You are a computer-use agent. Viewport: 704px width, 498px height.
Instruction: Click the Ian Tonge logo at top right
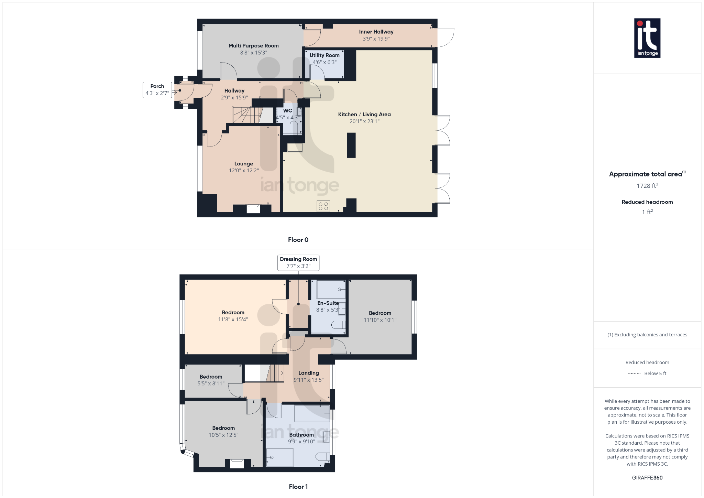[x=647, y=38]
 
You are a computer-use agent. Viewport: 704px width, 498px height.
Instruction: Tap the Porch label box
[x=157, y=90]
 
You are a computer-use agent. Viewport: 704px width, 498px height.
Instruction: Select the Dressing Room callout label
[x=298, y=262]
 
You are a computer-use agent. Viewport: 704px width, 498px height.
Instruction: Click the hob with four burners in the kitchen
[x=323, y=206]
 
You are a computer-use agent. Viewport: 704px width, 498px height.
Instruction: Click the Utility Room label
[x=324, y=55]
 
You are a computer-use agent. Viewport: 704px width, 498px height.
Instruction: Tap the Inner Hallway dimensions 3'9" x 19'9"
[x=376, y=39]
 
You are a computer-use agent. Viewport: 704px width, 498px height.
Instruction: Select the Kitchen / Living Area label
[x=364, y=115]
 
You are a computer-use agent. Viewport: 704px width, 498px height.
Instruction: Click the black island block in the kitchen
[x=351, y=145]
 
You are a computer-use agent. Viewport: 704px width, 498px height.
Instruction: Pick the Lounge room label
[x=243, y=164]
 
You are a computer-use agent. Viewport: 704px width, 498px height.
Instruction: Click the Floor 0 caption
[x=298, y=240]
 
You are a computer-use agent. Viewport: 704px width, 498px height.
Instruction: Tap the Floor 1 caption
[x=298, y=487]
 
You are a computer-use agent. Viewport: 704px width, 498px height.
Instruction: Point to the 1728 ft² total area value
[x=647, y=186]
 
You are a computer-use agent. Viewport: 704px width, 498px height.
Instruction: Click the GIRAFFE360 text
[x=647, y=478]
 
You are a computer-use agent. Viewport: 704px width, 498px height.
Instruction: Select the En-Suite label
[x=328, y=303]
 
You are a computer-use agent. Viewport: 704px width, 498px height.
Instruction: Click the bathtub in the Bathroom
[x=312, y=413]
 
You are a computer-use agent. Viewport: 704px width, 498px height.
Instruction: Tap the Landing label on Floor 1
[x=308, y=373]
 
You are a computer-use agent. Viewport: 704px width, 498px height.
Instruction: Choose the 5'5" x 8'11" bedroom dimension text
[x=211, y=383]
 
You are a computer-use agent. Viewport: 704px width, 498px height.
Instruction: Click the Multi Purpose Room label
[x=253, y=46]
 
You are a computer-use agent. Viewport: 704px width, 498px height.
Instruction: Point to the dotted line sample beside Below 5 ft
[x=634, y=373]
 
